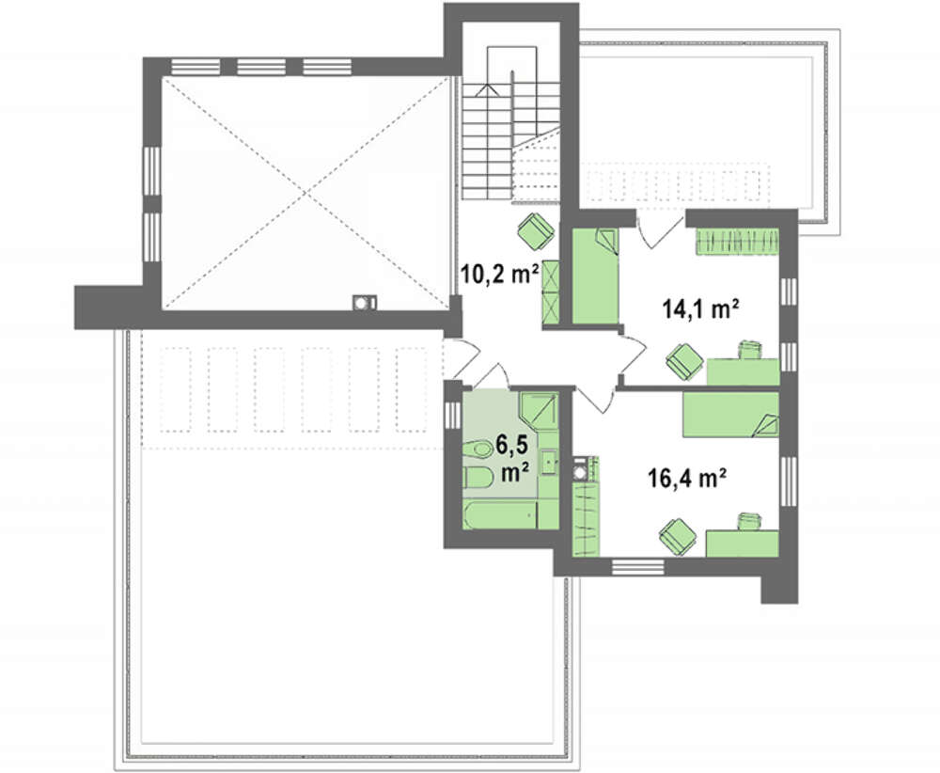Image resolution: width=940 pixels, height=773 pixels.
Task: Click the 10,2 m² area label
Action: (x=499, y=274)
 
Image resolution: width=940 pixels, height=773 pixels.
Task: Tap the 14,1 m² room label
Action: (x=699, y=309)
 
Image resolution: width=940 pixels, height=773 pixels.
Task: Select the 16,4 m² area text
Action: (x=688, y=479)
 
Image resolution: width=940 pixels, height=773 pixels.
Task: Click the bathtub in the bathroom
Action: (x=501, y=515)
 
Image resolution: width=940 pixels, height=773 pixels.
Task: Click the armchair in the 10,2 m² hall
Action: (x=535, y=230)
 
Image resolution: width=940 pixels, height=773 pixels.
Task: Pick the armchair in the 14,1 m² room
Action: (x=684, y=362)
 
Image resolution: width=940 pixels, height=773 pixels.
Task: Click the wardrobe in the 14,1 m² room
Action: (x=737, y=242)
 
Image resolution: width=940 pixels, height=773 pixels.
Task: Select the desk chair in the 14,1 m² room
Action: (x=750, y=349)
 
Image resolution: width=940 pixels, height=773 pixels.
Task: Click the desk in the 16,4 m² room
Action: (x=743, y=544)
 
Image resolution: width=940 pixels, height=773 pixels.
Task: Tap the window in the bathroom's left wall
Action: (x=453, y=413)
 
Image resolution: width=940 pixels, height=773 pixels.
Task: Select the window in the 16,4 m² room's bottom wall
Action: (x=637, y=566)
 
